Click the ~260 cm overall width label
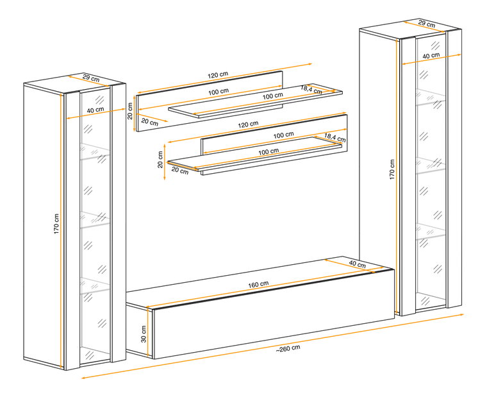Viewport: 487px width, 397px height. coord(288,348)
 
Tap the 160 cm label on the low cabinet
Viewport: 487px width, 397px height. coord(258,284)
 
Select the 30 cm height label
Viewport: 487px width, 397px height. coord(144,334)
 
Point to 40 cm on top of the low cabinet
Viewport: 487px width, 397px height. coord(357,264)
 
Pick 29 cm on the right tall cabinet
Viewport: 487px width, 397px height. coord(426,23)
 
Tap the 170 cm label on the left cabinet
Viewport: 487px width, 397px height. coord(56,224)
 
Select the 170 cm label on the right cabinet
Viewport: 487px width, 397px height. coord(392,170)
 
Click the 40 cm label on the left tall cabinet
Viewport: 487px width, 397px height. coord(95,110)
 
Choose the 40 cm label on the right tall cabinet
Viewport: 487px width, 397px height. coord(431,56)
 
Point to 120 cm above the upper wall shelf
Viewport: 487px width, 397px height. coord(218,75)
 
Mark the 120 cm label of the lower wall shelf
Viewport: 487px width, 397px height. coord(248,124)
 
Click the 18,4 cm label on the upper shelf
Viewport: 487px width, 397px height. coord(311,90)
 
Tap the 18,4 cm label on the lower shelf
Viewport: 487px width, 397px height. coord(334,137)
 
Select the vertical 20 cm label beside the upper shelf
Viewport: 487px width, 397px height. coord(130,111)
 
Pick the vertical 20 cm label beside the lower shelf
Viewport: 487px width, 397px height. coord(160,160)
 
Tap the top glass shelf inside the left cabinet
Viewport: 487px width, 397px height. coord(95,151)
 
